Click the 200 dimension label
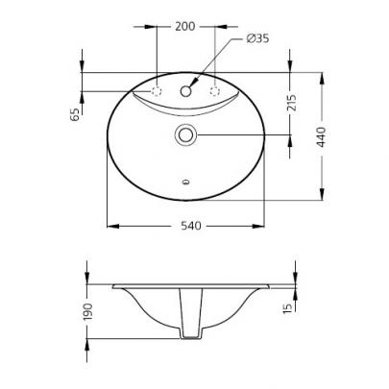184,27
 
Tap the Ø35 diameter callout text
257,38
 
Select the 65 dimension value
75,114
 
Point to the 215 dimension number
292,103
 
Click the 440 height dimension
321,137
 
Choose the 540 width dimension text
191,226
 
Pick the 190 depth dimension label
87,311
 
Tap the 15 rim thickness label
288,307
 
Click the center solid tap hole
185,91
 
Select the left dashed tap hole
157,91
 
